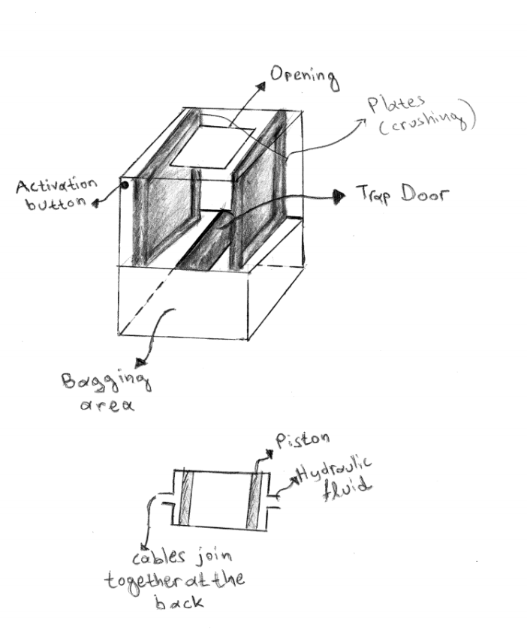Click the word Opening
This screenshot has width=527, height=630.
pos(304,78)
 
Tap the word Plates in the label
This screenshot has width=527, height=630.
pos(396,103)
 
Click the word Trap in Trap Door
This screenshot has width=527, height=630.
pos(373,194)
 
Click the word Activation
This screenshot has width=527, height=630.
pos(56,186)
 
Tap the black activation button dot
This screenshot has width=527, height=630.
pos(125,185)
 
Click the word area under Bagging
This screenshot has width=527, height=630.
pos(107,404)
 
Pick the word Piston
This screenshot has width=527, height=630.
pos(303,439)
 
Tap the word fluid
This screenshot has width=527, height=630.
pos(346,488)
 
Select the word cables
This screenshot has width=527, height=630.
pos(159,556)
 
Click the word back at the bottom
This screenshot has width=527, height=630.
pos(179,601)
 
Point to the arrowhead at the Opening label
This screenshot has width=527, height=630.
pos(261,86)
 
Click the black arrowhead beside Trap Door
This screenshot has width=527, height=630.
pos(339,196)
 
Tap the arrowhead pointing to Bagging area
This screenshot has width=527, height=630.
pos(141,362)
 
